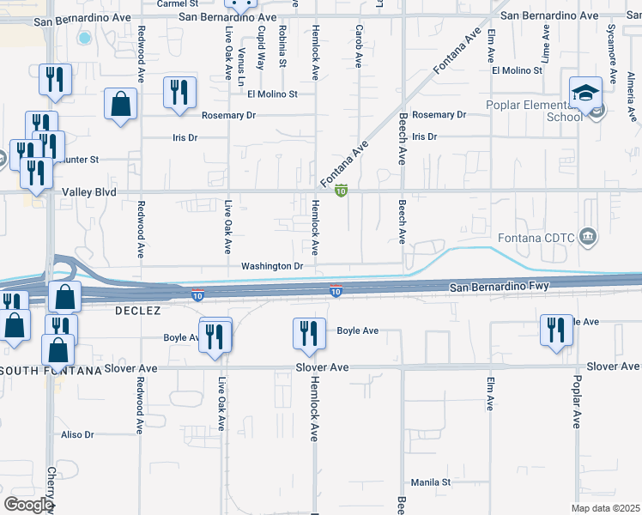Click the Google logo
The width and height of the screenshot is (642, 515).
(x=28, y=505)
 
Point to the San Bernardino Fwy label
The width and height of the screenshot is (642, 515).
(x=499, y=284)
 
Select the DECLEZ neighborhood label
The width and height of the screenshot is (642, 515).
(x=139, y=312)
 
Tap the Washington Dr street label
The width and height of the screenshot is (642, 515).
(x=272, y=266)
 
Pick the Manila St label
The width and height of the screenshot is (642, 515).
(x=430, y=482)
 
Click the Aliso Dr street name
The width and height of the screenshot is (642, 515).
(x=77, y=435)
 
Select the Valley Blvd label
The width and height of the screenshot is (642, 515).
(x=88, y=192)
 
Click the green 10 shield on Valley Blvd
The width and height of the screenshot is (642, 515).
(x=341, y=191)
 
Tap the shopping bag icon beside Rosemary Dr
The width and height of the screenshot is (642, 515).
(x=121, y=104)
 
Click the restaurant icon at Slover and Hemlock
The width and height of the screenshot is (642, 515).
(x=309, y=332)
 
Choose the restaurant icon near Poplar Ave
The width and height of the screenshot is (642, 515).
(x=556, y=329)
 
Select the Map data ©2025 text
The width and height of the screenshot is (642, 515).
(x=605, y=508)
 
